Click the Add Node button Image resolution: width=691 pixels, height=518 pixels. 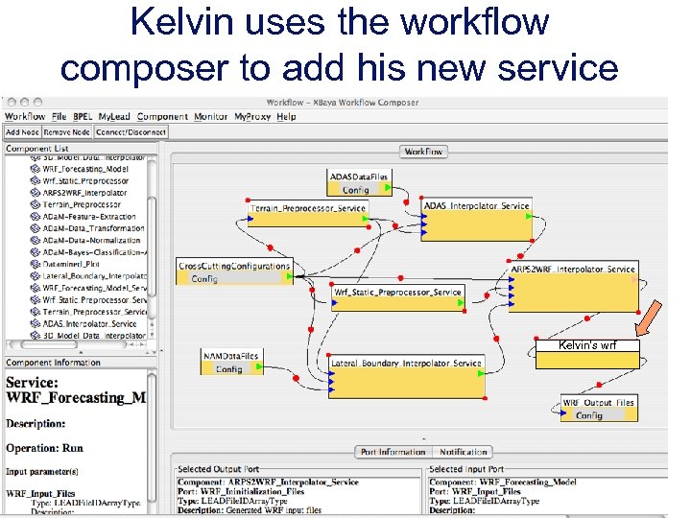pyautogui.click(x=23, y=131)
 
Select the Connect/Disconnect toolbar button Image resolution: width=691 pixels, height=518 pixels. pyautogui.click(x=132, y=131)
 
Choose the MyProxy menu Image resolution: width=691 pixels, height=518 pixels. pyautogui.click(x=254, y=117)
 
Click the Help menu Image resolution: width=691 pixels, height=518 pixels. pyautogui.click(x=287, y=117)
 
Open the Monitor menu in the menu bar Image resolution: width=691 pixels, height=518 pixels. pyautogui.click(x=211, y=117)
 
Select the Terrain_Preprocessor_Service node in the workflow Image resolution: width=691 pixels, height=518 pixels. pyautogui.click(x=308, y=214)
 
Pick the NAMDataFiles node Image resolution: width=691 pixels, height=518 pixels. pyautogui.click(x=230, y=362)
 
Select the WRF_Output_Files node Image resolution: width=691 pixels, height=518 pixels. pyautogui.click(x=599, y=409)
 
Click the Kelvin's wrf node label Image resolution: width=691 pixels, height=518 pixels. pyautogui.click(x=588, y=345)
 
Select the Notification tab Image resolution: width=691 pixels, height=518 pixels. pyautogui.click(x=463, y=452)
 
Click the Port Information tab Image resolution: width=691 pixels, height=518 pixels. pyautogui.click(x=393, y=452)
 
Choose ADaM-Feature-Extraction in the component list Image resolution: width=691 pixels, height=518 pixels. pyautogui.click(x=89, y=217)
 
